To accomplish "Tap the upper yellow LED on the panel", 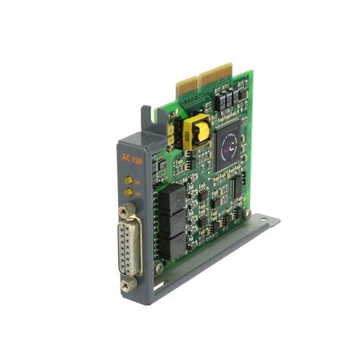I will click(x=127, y=180).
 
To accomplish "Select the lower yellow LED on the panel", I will click(x=127, y=192).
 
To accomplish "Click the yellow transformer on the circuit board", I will click(x=195, y=131).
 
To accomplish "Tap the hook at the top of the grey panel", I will click(x=146, y=113).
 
